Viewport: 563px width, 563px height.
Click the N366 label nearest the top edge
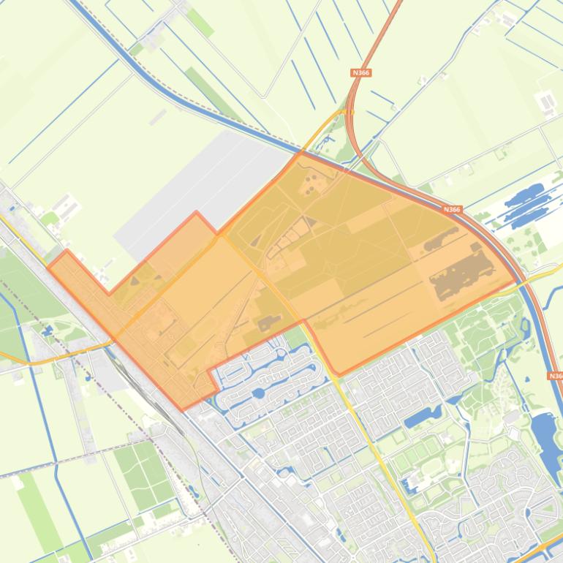pos(360,73)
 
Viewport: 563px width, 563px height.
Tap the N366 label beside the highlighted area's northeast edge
pos(452,210)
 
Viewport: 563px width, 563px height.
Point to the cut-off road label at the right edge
pos(556,376)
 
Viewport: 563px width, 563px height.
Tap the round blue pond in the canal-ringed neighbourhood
pos(258,393)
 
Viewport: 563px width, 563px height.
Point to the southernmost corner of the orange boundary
pos(183,409)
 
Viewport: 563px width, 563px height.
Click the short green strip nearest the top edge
pos(200,23)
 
